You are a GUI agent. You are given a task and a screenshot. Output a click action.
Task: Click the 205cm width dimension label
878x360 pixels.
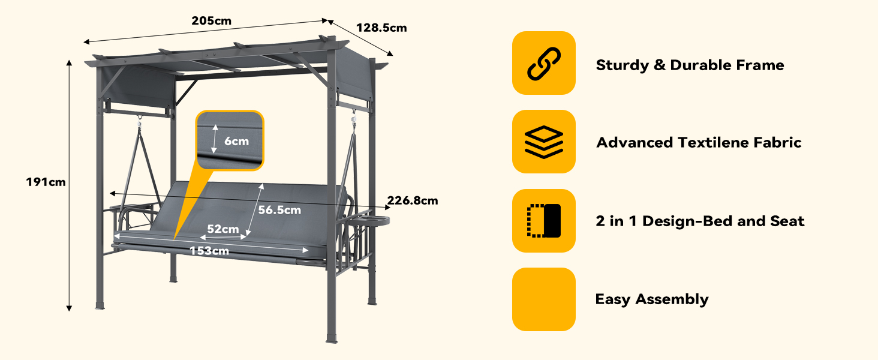[211, 21]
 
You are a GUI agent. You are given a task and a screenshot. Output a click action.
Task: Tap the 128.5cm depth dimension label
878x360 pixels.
[381, 28]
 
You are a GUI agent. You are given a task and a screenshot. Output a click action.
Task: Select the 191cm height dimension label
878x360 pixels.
[46, 182]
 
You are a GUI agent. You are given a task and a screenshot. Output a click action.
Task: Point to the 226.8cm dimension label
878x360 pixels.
[413, 200]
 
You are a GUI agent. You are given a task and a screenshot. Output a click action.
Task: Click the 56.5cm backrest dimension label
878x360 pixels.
[279, 210]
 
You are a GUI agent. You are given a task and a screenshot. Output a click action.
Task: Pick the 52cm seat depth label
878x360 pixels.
[223, 229]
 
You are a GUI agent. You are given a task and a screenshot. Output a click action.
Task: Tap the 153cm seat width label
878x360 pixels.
[209, 251]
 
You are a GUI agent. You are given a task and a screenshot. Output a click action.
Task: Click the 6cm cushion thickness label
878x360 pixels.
[236, 141]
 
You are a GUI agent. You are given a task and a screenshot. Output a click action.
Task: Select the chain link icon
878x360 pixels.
[544, 64]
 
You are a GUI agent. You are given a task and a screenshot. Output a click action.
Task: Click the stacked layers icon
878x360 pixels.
[544, 142]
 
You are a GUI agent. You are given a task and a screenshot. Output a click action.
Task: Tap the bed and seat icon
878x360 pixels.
[544, 220]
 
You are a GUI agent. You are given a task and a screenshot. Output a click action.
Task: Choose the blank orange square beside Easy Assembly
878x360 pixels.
[544, 299]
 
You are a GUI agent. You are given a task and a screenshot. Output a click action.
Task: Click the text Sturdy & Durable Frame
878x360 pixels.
[690, 65]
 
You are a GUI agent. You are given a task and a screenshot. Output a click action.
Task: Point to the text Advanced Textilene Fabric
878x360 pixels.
[699, 142]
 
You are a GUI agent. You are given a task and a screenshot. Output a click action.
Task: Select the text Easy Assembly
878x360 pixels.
[652, 299]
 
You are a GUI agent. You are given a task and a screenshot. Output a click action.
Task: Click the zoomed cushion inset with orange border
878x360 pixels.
[230, 140]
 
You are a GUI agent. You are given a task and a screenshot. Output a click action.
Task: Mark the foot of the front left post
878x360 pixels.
[100, 306]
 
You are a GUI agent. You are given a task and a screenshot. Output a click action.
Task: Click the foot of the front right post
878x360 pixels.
[332, 340]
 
